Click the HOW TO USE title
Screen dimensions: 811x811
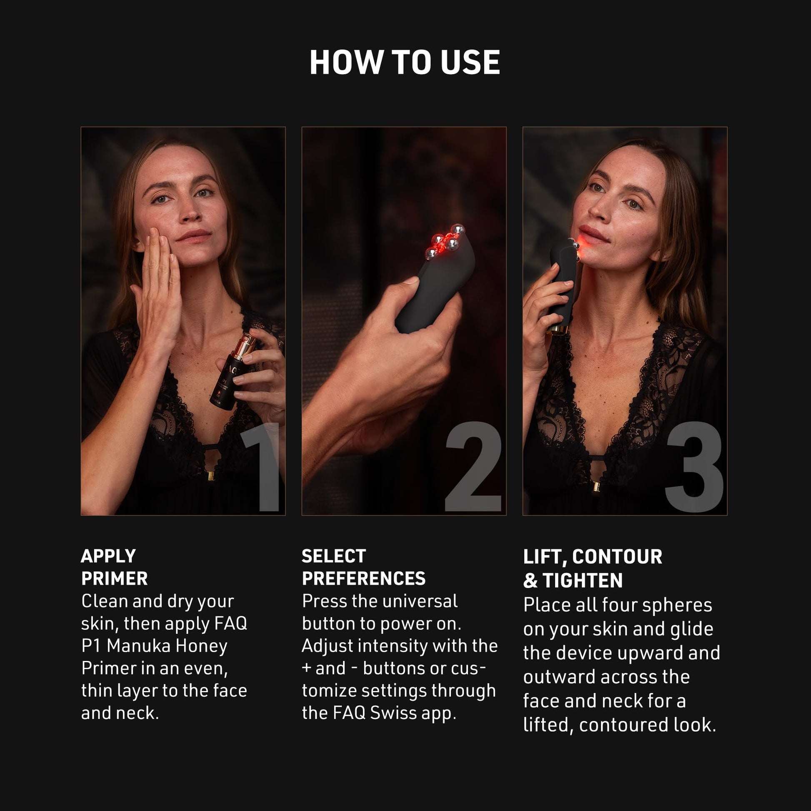pyautogui.click(x=405, y=63)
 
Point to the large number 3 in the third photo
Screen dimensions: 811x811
pyautogui.click(x=694, y=467)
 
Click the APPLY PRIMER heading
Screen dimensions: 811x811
pyautogui.click(x=114, y=567)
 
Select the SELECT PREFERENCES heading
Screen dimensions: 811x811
pyautogui.click(x=363, y=567)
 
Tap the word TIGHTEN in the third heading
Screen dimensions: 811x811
pyautogui.click(x=582, y=581)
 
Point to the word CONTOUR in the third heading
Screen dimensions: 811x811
pyautogui.click(x=617, y=557)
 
